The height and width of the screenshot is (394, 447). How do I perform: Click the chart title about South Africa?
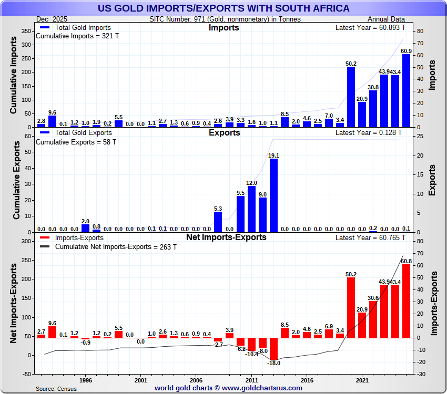tap(223, 8)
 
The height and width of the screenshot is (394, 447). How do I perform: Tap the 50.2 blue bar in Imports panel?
tap(351, 97)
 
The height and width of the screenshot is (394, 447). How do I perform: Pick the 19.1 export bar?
tap(273, 195)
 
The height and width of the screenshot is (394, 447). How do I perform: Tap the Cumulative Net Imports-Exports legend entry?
tap(113, 246)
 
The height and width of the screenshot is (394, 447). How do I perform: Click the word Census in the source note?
tap(67, 388)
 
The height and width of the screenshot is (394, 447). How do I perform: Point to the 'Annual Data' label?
tap(390, 19)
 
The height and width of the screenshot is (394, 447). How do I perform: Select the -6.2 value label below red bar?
tap(240, 349)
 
